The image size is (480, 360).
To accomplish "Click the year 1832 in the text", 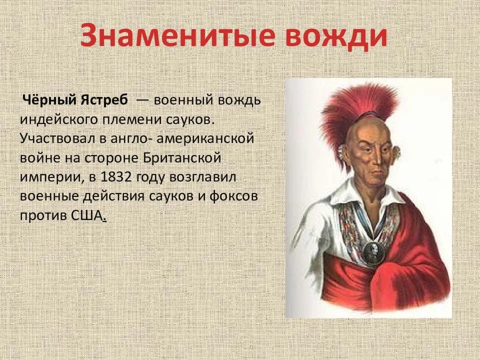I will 115,177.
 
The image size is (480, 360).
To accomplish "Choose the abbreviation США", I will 88,216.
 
